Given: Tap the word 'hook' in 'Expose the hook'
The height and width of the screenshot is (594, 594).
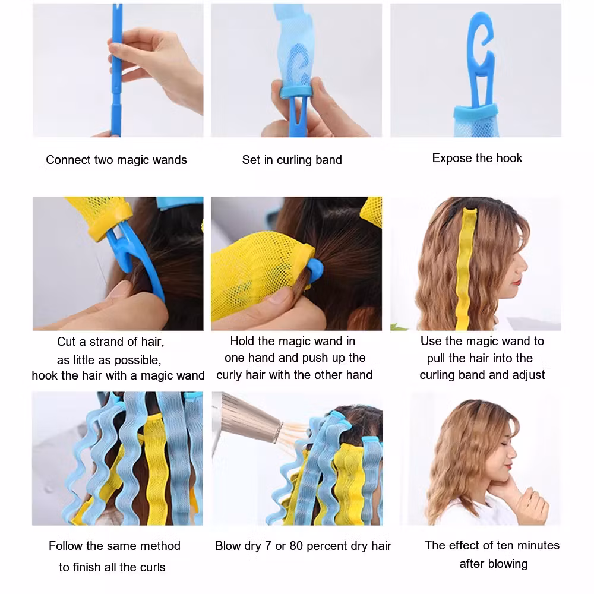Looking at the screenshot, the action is (509, 158).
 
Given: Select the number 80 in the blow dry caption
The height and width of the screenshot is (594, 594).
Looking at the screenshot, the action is (296, 546).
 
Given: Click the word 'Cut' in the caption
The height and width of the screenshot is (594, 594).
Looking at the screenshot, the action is (67, 342).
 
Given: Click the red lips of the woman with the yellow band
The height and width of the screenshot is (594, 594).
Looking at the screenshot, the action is (517, 282).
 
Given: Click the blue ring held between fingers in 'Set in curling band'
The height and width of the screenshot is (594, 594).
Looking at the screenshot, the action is (296, 91).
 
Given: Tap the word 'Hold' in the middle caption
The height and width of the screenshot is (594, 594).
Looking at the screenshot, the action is (242, 341).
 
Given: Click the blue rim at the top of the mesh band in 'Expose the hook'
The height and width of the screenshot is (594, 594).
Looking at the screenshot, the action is (475, 110).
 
